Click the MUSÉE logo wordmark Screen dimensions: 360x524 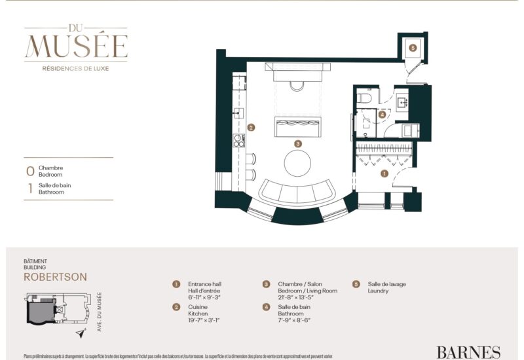(x=76, y=45)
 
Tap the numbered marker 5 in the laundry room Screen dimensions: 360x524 (x=412, y=47)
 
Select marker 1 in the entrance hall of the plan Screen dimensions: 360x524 (x=384, y=173)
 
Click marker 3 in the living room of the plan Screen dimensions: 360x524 (x=298, y=143)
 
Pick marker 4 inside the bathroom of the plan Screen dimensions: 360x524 (x=382, y=113)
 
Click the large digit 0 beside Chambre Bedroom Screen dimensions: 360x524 (x=29, y=171)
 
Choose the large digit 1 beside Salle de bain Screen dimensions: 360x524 (x=29, y=189)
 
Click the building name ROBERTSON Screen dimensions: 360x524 (x=55, y=277)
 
